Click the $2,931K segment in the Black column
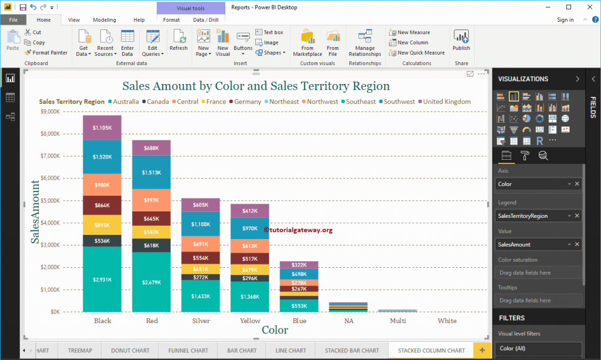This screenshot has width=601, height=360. pyautogui.click(x=102, y=279)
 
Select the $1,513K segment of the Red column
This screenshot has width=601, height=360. pyautogui.click(x=151, y=172)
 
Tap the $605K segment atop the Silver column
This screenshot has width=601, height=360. pyautogui.click(x=200, y=204)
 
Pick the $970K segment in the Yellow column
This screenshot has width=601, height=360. pyautogui.click(x=249, y=228)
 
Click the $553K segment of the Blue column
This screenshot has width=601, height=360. pyautogui.click(x=299, y=305)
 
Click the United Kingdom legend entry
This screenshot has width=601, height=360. pyautogui.click(x=447, y=102)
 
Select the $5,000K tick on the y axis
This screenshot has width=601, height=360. pyautogui.click(x=49, y=200)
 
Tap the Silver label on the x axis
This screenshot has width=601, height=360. pyautogui.click(x=201, y=321)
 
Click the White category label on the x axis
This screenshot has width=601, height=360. pyautogui.click(x=447, y=321)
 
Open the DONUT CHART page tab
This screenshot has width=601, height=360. pyautogui.click(x=130, y=351)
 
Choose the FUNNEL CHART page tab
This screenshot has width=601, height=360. pyautogui.click(x=188, y=351)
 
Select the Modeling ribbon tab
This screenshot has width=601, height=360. pyautogui.click(x=104, y=20)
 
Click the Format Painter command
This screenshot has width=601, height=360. pyautogui.click(x=46, y=53)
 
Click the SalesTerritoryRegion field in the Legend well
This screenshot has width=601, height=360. pyautogui.click(x=531, y=216)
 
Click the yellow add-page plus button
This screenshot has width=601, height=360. pyautogui.click(x=482, y=351)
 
